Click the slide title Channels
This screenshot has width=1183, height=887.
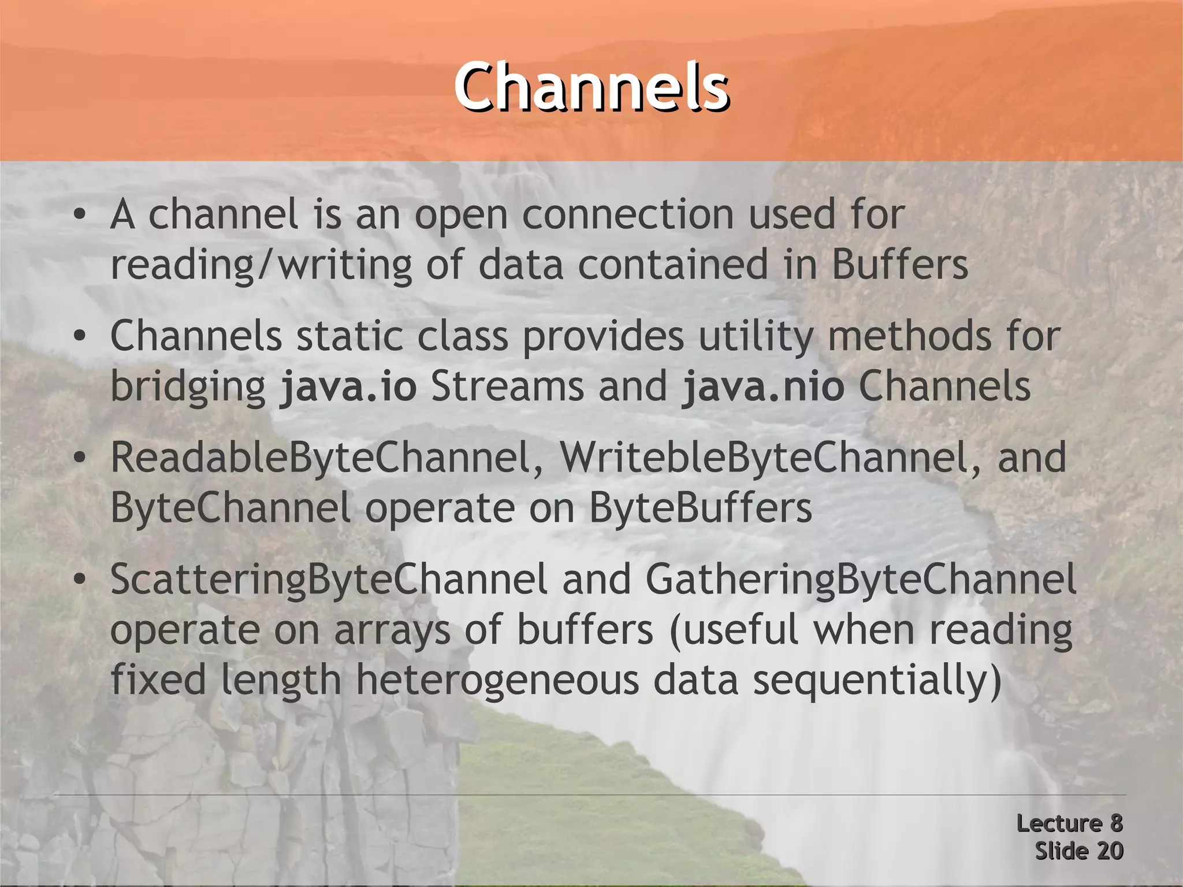[x=591, y=87]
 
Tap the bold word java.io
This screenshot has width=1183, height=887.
[x=348, y=387]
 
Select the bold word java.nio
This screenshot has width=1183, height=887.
[x=763, y=387]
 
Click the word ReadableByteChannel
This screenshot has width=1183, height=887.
[x=321, y=458]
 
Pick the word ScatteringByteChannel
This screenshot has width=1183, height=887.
[x=328, y=579]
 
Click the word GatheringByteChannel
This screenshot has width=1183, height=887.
[x=861, y=579]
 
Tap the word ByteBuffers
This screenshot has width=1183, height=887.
[x=700, y=508]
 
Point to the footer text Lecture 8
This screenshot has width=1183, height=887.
[x=1069, y=823]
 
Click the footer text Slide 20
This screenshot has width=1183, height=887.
[x=1078, y=851]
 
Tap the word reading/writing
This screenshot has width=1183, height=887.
[x=261, y=265]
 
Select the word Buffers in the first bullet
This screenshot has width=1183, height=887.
[x=899, y=265]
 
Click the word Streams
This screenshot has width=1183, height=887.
[x=507, y=387]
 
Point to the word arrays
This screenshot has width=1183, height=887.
[x=392, y=630]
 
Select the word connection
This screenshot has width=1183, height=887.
[x=628, y=215]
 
